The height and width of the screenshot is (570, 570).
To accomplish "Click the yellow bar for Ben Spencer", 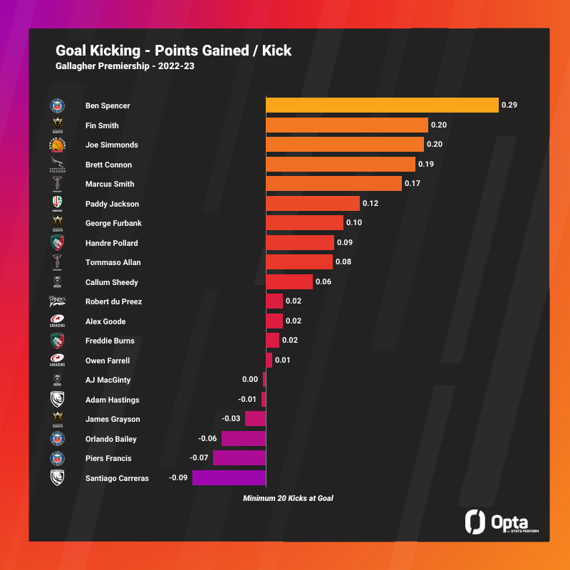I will point(382,105).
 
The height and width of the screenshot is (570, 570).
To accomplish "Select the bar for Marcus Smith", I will point(333,184).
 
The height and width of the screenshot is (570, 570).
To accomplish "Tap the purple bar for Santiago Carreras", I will point(229,478).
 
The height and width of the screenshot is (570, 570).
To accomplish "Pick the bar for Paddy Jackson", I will point(313,204).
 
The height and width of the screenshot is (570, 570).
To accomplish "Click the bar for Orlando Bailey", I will point(243,439).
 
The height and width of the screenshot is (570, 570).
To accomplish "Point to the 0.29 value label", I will point(509,105).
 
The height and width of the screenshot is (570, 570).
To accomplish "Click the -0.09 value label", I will point(178,478).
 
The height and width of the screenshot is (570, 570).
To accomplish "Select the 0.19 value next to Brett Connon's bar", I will point(426,165).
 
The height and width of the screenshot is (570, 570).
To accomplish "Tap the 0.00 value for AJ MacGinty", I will point(250,380).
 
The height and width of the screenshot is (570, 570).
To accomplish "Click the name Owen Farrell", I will point(108,361).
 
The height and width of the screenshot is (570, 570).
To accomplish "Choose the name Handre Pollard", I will point(112,243).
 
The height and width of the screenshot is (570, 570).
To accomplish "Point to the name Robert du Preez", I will point(113,301).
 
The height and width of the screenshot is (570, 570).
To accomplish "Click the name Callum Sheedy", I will point(112,282).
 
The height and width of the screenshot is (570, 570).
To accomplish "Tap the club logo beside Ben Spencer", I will point(57,105).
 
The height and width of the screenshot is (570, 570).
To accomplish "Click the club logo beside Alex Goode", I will point(57,321).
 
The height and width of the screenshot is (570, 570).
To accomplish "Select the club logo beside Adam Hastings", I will point(57,400).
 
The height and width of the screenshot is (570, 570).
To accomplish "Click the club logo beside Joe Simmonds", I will point(57,145).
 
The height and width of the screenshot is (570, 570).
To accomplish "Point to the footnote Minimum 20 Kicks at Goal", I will point(288,498).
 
